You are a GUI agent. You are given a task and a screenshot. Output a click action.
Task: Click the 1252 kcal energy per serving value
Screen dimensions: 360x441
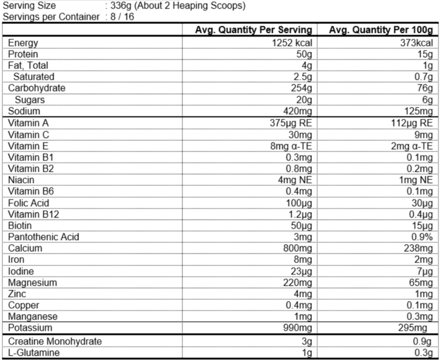pyautogui.click(x=292, y=43)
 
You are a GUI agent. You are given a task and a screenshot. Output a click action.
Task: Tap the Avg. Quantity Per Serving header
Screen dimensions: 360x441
pyautogui.click(x=253, y=30)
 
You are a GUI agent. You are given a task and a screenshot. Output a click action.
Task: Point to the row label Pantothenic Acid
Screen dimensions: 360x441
pyautogui.click(x=43, y=237)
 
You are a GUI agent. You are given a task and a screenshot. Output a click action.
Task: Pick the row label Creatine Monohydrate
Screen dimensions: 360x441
pyautogui.click(x=55, y=341)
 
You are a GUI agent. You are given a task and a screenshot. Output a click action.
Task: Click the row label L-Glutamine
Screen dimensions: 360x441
pyautogui.click(x=34, y=353)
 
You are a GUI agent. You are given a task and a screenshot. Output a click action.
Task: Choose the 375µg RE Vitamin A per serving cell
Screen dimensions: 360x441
pyautogui.click(x=291, y=123)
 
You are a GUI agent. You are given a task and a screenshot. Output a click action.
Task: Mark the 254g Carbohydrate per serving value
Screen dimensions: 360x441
pyautogui.click(x=301, y=88)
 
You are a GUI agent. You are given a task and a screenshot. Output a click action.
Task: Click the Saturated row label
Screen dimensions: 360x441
pyautogui.click(x=34, y=77)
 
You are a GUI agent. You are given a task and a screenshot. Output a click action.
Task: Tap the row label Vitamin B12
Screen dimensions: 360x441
pyautogui.click(x=33, y=215)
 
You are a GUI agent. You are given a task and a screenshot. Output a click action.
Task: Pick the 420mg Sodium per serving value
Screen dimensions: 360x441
pyautogui.click(x=298, y=112)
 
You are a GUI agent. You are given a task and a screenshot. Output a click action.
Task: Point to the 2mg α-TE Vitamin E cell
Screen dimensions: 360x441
pyautogui.click(x=411, y=146)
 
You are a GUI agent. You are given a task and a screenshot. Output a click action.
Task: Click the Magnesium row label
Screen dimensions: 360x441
pyautogui.click(x=32, y=283)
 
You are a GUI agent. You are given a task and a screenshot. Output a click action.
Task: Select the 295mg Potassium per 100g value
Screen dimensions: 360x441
pyautogui.click(x=413, y=328)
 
